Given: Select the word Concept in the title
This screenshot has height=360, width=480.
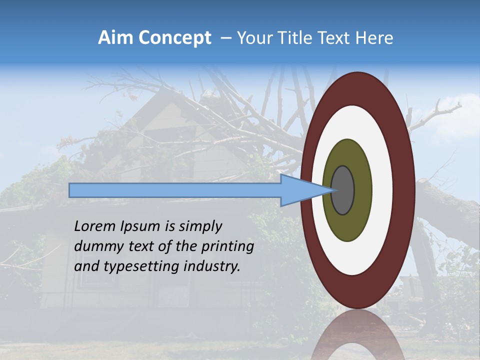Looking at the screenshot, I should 175,38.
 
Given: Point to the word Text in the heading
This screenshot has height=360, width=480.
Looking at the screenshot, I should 337,38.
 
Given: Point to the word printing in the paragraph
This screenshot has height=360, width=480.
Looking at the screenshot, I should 229,247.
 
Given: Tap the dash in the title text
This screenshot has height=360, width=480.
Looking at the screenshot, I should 225,38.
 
